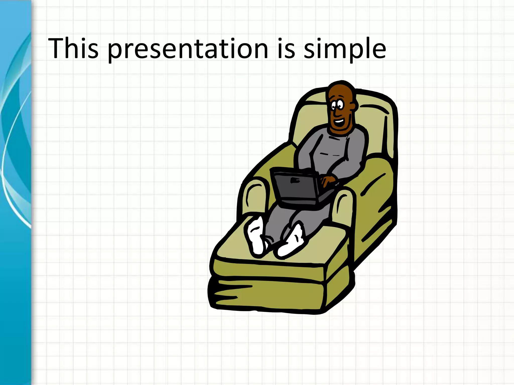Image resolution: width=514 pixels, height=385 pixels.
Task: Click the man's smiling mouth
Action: tap(339, 122)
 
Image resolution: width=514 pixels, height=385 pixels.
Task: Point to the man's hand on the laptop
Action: tap(328, 180)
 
